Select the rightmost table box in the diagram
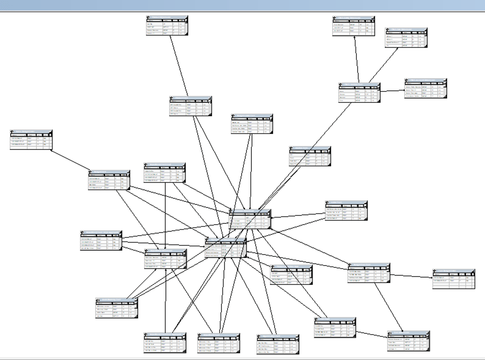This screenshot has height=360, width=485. click(453, 278)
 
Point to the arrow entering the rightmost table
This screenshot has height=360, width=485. click(421, 276)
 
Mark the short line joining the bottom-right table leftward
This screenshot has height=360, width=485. click(372, 334)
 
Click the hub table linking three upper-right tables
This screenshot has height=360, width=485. click(359, 92)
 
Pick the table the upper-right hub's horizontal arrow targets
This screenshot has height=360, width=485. click(425, 88)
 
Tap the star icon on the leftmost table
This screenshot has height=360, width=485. click(13, 131)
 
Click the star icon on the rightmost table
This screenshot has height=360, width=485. click(435, 270)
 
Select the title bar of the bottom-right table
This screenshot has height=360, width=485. click(408, 333)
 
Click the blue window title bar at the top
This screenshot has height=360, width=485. click(242, 5)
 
